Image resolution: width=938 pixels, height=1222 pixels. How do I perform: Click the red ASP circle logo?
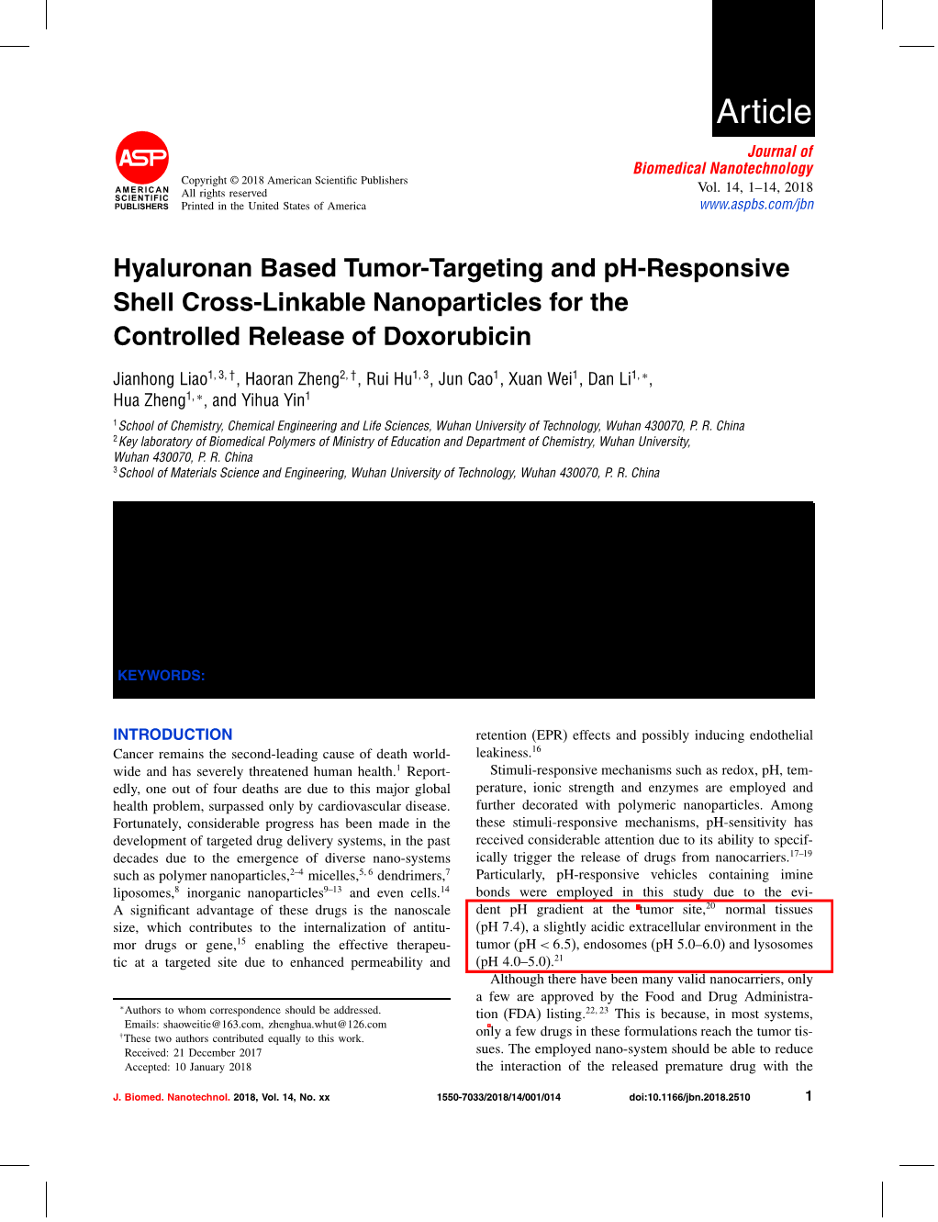(142, 158)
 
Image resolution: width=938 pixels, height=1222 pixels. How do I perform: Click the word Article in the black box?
(764, 112)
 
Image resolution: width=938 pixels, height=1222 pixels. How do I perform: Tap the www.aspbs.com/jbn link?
(756, 205)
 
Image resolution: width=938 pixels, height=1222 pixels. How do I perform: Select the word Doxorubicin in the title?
(456, 336)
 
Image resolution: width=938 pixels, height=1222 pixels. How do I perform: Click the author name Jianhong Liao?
(161, 379)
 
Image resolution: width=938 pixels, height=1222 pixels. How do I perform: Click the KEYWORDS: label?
(162, 676)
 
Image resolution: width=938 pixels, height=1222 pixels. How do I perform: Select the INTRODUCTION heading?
(173, 734)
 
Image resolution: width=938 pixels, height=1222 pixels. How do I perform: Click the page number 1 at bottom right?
(809, 1095)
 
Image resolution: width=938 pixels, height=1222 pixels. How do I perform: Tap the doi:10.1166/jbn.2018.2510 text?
(689, 1097)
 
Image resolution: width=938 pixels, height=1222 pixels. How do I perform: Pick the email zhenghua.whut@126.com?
(327, 1025)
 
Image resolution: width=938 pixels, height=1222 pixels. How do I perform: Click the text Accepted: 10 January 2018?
(188, 1067)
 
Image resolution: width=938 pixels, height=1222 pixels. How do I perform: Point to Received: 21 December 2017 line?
(194, 1053)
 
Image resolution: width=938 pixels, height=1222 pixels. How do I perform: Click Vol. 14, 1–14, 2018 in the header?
(754, 187)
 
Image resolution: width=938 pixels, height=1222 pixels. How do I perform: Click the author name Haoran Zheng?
(292, 379)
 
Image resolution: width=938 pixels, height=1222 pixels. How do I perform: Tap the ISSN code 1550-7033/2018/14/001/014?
(498, 1097)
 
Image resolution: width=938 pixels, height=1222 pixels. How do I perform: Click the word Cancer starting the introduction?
(133, 754)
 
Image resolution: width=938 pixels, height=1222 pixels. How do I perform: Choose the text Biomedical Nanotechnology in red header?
(722, 168)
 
